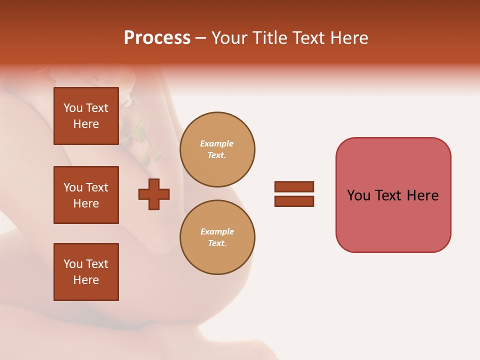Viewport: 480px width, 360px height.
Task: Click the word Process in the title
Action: click(157, 38)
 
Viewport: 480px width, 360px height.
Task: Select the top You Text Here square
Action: click(86, 116)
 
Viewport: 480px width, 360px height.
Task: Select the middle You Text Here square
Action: click(86, 195)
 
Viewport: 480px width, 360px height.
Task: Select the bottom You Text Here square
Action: click(86, 272)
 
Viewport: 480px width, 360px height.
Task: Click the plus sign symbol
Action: click(154, 194)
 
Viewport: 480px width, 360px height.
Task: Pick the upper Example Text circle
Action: click(217, 149)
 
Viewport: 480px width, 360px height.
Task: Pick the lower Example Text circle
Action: click(217, 237)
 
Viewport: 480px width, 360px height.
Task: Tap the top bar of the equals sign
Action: click(294, 186)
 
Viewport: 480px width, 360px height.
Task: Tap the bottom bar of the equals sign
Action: click(294, 201)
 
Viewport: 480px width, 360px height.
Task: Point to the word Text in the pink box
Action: click(389, 195)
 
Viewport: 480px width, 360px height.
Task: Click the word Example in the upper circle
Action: click(216, 144)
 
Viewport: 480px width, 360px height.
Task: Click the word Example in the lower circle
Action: click(217, 231)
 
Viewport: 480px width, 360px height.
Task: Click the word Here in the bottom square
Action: click(86, 280)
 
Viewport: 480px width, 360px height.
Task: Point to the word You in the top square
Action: click(73, 108)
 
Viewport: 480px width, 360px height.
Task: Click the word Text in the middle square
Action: click(97, 187)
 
